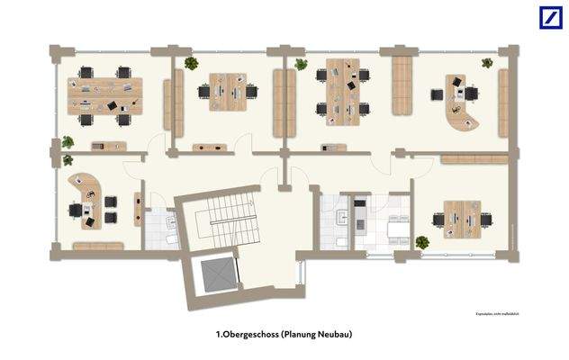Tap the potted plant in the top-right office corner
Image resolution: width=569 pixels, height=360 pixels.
pos(487,63)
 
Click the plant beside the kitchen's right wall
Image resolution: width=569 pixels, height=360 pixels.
pos(420,242)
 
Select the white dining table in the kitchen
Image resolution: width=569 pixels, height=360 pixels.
pos(395,229)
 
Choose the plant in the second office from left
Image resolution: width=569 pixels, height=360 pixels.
pos(191,64)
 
